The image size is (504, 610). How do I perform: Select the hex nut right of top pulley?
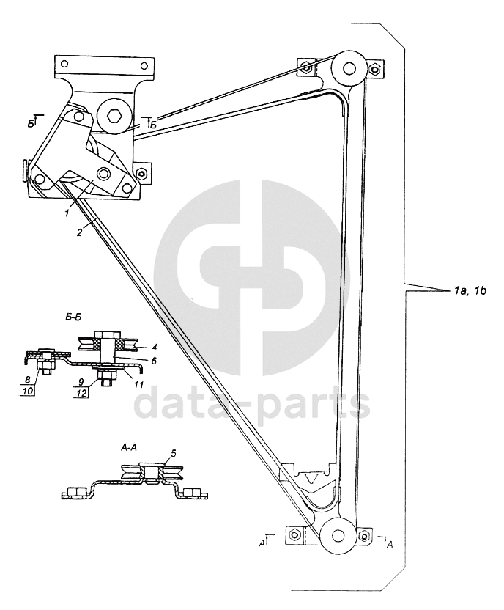tap(375, 70)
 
